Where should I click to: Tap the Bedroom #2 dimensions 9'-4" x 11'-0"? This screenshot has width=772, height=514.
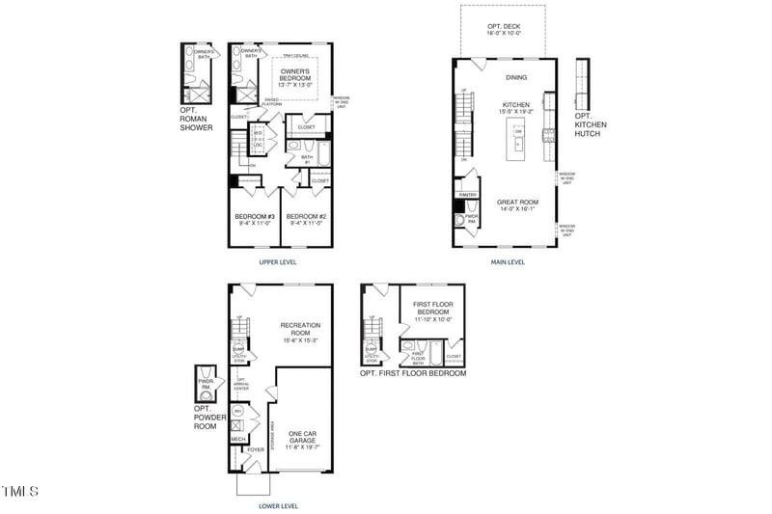pyautogui.click(x=307, y=224)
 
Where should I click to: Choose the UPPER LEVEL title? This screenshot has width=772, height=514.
pyautogui.click(x=278, y=262)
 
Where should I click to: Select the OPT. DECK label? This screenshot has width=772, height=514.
pyautogui.click(x=504, y=26)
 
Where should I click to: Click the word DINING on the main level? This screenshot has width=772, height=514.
pyautogui.click(x=516, y=78)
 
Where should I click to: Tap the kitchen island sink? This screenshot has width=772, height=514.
pyautogui.click(x=518, y=144)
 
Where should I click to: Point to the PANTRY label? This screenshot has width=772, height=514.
pyautogui.click(x=468, y=195)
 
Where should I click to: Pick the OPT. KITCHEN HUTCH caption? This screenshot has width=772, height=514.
pyautogui.click(x=588, y=125)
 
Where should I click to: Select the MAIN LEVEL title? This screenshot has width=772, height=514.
pyautogui.click(x=508, y=262)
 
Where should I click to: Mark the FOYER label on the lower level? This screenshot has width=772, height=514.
pyautogui.click(x=255, y=449)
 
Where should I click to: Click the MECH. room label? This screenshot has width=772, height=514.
pyautogui.click(x=237, y=440)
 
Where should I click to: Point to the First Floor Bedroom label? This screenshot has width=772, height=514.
pyautogui.click(x=432, y=309)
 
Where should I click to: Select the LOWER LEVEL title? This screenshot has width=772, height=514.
pyautogui.click(x=278, y=505)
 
